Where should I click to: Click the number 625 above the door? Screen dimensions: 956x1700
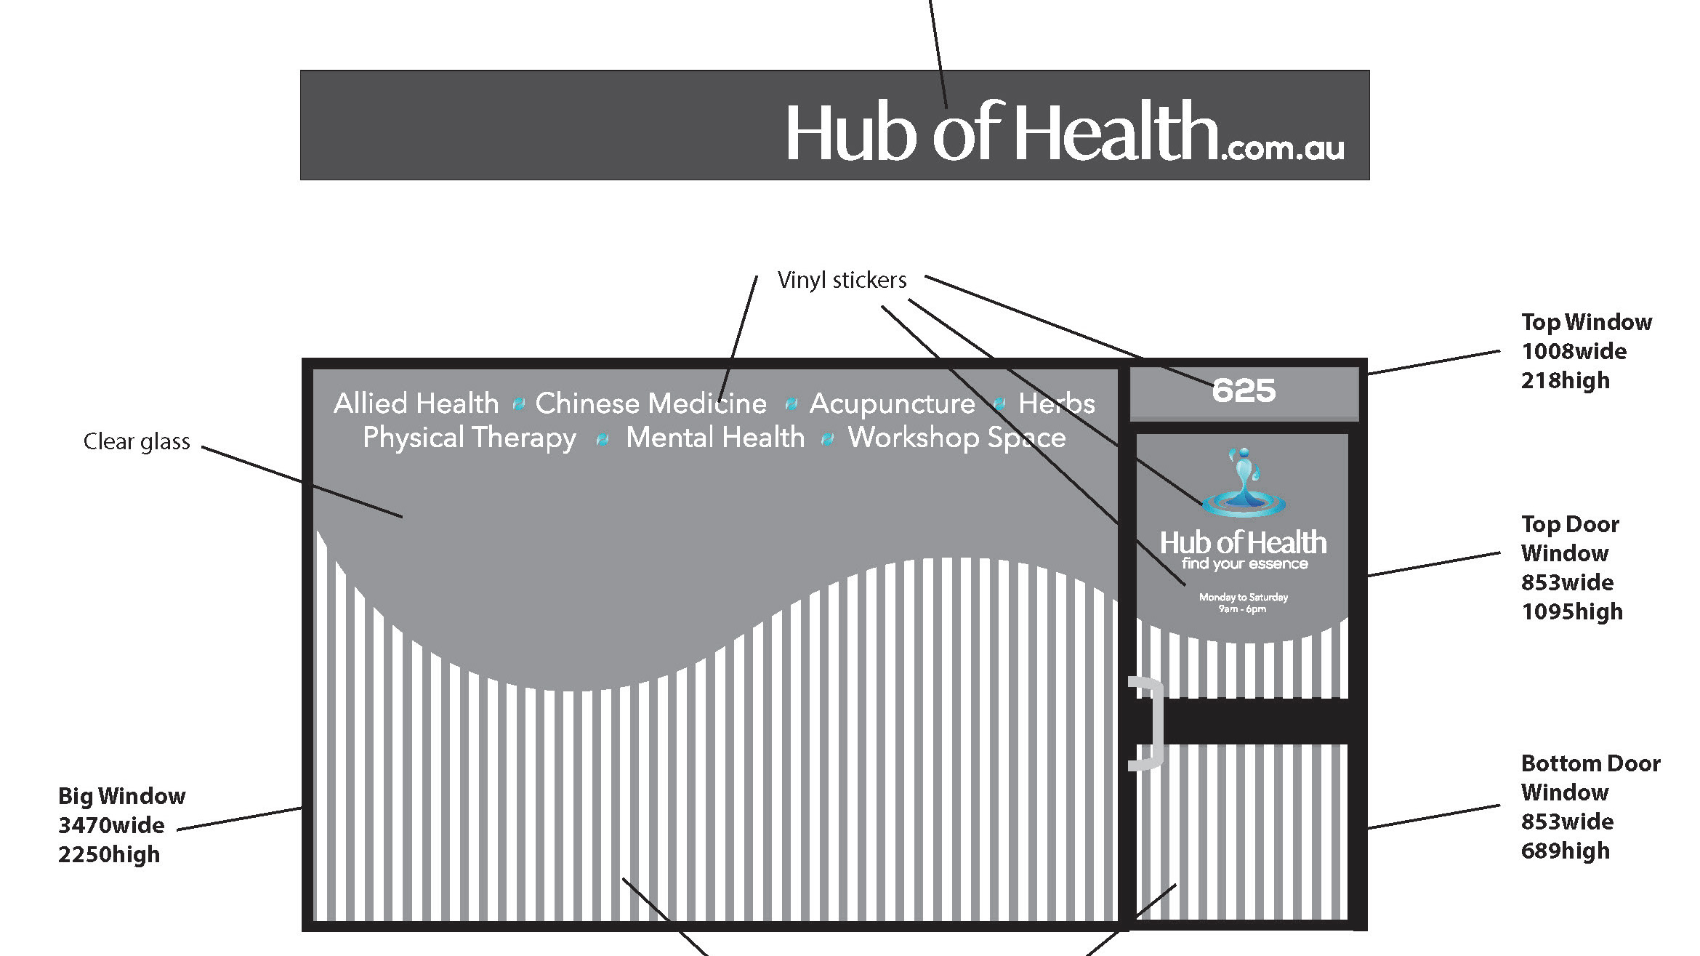pos(1244,391)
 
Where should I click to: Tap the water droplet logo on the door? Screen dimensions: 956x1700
pos(1244,483)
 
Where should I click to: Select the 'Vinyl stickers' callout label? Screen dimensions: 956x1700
pos(842,280)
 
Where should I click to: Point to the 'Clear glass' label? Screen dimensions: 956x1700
pos(137,441)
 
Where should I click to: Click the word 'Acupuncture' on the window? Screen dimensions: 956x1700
pos(892,403)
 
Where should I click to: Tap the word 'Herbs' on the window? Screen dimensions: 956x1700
pos(1056,403)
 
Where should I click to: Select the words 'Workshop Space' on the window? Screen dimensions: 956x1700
pos(956,438)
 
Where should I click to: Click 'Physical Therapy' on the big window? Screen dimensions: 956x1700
pos(470,438)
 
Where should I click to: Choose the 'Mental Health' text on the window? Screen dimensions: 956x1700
pos(715,438)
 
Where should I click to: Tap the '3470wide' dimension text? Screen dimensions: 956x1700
pos(111,825)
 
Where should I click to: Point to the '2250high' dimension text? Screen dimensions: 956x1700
pos(109,854)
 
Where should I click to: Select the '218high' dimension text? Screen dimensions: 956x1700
pos(1565,380)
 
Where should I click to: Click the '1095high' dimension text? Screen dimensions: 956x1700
pos(1571,611)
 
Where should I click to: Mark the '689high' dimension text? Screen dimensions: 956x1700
pos(1565,851)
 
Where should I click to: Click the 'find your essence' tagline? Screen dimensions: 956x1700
pos(1244,563)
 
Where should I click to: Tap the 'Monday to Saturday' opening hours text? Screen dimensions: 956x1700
pos(1244,597)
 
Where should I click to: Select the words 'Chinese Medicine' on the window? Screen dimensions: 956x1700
pos(650,403)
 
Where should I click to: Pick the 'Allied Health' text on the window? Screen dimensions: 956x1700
pos(416,403)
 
